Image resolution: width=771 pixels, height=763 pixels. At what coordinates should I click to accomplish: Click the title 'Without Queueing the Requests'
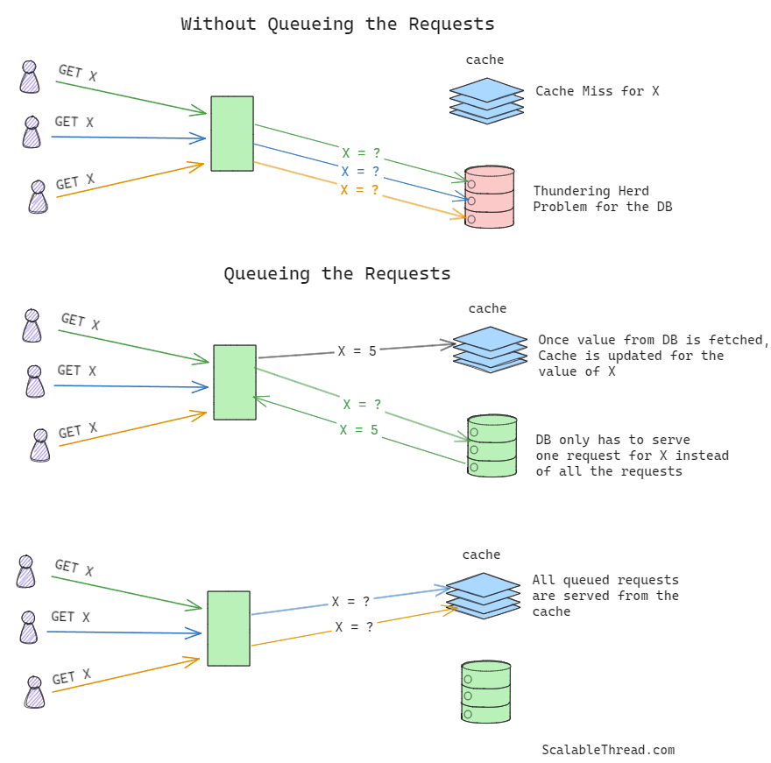[337, 24]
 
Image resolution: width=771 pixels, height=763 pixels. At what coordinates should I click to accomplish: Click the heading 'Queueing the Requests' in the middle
[337, 273]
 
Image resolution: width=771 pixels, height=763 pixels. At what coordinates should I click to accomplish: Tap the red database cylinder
[489, 197]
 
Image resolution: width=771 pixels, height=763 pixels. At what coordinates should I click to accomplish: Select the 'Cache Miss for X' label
[597, 91]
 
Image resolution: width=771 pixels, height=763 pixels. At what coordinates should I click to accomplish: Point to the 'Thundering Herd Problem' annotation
[603, 199]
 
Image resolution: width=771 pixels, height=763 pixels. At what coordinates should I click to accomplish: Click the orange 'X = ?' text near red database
[359, 190]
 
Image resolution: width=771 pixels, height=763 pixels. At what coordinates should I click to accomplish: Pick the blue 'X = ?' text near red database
[360, 172]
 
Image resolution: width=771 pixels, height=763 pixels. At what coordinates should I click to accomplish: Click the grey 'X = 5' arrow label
[357, 351]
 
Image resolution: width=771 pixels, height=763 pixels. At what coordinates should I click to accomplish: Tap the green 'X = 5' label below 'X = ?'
[359, 430]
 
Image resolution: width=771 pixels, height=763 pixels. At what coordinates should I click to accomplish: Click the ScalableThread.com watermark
[608, 750]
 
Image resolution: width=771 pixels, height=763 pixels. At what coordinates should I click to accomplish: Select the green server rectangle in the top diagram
[232, 133]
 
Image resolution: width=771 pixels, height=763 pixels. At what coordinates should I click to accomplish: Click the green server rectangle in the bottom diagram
[229, 628]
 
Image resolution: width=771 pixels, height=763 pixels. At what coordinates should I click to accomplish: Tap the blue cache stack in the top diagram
[486, 100]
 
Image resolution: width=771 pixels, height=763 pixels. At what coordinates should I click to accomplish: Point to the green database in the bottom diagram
[486, 692]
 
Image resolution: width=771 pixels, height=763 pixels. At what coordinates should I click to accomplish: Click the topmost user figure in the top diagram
[30, 77]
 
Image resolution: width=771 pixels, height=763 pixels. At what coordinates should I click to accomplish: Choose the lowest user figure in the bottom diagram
[34, 691]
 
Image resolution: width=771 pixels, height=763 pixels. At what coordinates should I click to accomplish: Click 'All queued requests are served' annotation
[605, 596]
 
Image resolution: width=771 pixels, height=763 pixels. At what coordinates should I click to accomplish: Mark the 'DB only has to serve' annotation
[632, 456]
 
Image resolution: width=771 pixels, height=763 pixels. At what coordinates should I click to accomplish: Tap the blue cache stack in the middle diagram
[490, 349]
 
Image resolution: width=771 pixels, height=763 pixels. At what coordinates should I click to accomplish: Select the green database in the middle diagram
[492, 445]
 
